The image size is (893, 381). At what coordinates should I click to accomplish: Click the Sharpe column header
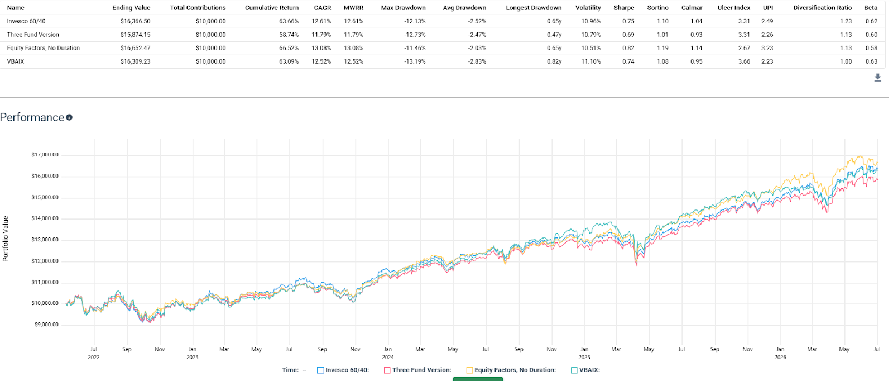pyautogui.click(x=624, y=8)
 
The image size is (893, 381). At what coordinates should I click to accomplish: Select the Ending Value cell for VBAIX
pyautogui.click(x=135, y=61)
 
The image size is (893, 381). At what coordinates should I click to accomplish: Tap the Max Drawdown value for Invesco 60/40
pyautogui.click(x=415, y=21)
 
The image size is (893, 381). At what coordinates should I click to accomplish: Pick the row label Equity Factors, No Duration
pyautogui.click(x=44, y=48)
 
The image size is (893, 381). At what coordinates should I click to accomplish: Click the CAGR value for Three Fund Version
pyautogui.click(x=321, y=35)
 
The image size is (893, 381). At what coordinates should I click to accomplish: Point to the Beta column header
pyautogui.click(x=871, y=8)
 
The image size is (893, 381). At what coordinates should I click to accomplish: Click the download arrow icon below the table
pyautogui.click(x=877, y=78)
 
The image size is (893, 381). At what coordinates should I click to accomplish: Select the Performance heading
pyautogui.click(x=32, y=117)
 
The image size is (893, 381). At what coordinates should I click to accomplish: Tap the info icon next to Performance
pyautogui.click(x=69, y=117)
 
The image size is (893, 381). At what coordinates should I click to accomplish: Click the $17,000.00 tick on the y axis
pyautogui.click(x=45, y=155)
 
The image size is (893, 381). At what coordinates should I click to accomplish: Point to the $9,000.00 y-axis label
pyautogui.click(x=46, y=325)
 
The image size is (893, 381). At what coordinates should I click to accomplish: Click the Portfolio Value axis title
pyautogui.click(x=6, y=239)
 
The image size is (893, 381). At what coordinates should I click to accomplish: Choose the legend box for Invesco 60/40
pyautogui.click(x=320, y=370)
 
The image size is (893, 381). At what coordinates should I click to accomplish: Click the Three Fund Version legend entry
pyautogui.click(x=417, y=370)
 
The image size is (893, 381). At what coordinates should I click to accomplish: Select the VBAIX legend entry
pyautogui.click(x=585, y=370)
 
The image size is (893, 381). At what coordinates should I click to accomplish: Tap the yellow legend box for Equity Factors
pyautogui.click(x=469, y=370)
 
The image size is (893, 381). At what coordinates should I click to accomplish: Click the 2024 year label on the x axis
pyautogui.click(x=388, y=357)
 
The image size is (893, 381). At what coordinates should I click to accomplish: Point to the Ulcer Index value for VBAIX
pyautogui.click(x=744, y=61)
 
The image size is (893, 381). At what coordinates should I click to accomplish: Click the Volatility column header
pyautogui.click(x=588, y=8)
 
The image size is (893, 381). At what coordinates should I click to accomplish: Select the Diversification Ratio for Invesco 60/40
pyautogui.click(x=846, y=21)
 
